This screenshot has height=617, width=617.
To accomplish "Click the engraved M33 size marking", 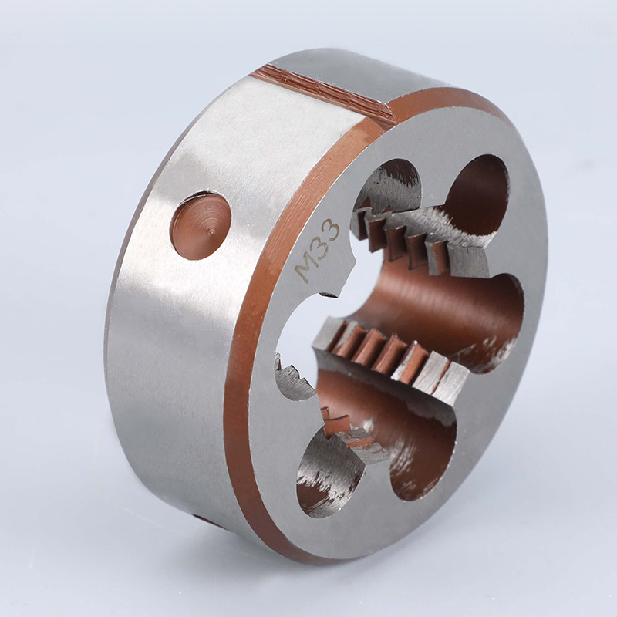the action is point(318,250).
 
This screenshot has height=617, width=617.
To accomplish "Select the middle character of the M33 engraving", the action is point(319,247).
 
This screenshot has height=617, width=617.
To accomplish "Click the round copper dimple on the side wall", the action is point(201,226).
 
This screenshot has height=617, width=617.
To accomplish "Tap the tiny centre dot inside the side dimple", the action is point(211,232).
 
